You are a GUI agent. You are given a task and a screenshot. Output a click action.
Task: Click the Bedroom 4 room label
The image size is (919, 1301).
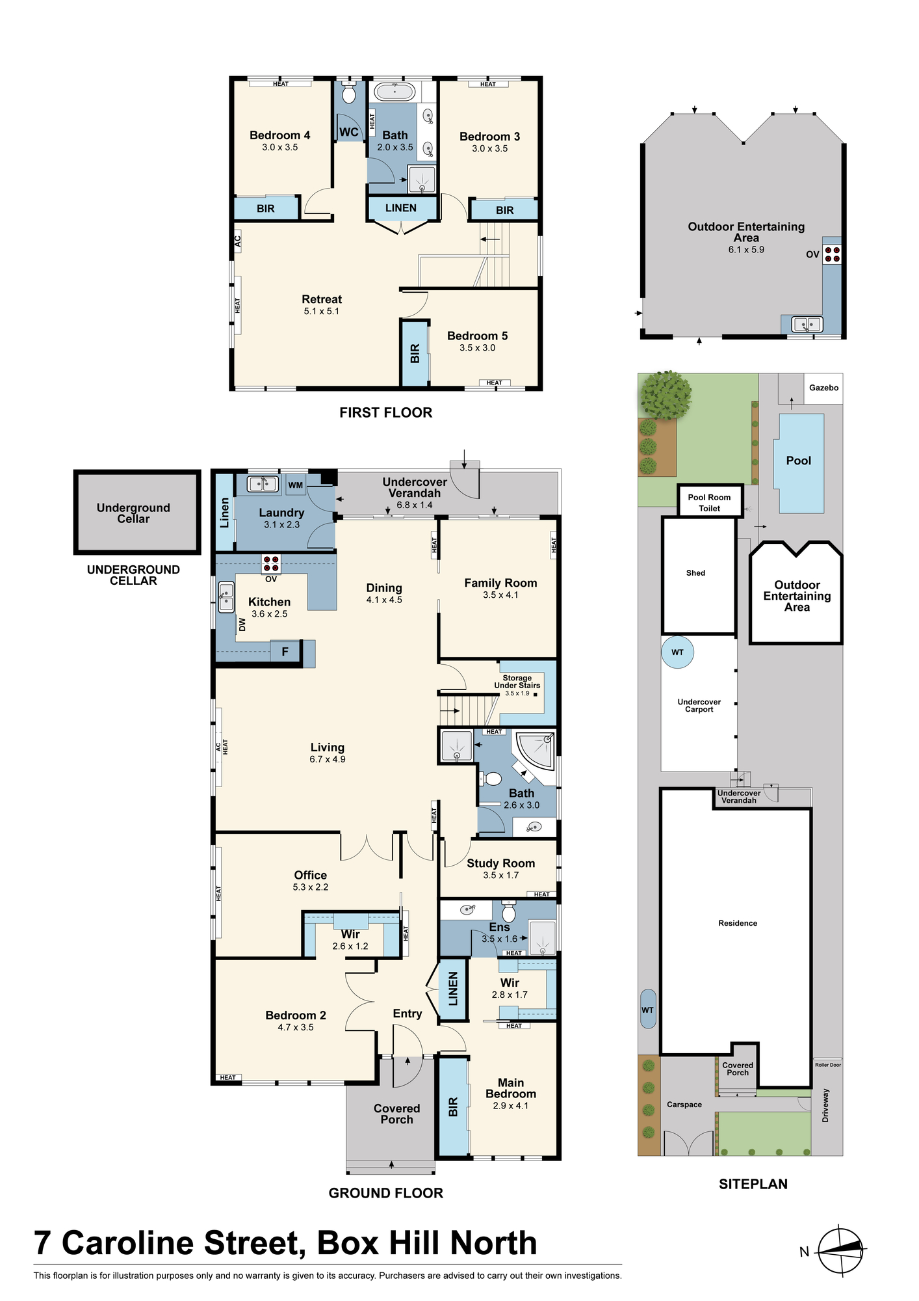point(279,135)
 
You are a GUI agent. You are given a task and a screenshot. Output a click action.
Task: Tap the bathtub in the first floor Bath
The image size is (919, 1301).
point(395,92)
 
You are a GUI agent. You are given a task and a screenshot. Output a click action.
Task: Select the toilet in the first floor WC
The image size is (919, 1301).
point(349,93)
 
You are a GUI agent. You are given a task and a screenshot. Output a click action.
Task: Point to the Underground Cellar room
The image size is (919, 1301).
point(136,512)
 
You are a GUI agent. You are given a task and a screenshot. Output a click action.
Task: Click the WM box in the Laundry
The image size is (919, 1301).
point(296,485)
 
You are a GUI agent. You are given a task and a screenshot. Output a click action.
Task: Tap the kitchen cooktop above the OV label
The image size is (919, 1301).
point(271,563)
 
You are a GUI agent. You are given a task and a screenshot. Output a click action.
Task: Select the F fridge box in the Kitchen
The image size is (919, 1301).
point(285,651)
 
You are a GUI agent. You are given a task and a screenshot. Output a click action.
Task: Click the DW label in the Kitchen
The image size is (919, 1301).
point(242,624)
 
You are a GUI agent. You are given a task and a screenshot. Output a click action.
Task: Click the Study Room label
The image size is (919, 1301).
point(500,863)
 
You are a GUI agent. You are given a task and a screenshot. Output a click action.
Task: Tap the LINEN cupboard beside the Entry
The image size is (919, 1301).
point(453,989)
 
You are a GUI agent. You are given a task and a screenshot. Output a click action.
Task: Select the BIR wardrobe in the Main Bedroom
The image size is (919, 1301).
point(453,1107)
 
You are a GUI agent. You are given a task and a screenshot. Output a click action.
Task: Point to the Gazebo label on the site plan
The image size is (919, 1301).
point(823,388)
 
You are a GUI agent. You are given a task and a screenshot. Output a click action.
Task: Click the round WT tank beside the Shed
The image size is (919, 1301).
point(677,652)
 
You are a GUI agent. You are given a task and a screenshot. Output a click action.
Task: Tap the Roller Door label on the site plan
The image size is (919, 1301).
point(827,1065)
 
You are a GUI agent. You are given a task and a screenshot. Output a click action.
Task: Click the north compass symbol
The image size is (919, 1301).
point(840,1250)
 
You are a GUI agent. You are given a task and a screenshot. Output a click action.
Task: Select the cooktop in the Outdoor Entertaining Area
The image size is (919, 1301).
point(833,254)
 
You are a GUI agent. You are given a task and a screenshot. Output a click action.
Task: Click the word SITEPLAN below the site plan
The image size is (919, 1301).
point(753,1184)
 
